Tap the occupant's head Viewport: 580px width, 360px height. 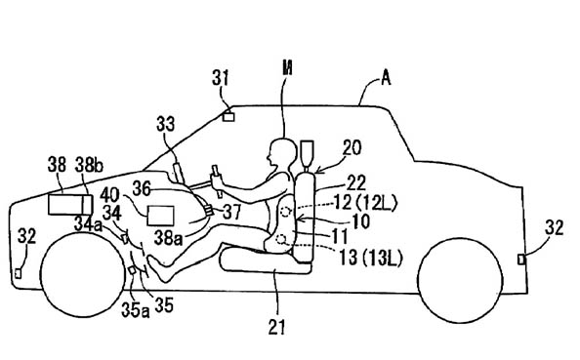pyautogui.click(x=282, y=151)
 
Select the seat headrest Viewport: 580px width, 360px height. pyautogui.click(x=308, y=152)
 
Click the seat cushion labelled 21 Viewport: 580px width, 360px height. pyautogui.click(x=266, y=260)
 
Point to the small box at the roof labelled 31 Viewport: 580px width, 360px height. pyautogui.click(x=228, y=117)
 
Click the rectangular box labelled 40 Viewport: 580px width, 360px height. pyautogui.click(x=160, y=216)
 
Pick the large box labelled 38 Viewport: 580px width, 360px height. pyautogui.click(x=70, y=205)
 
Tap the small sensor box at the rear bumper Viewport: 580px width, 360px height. pyautogui.click(x=521, y=260)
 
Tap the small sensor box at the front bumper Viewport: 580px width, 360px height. pyautogui.click(x=19, y=273)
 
